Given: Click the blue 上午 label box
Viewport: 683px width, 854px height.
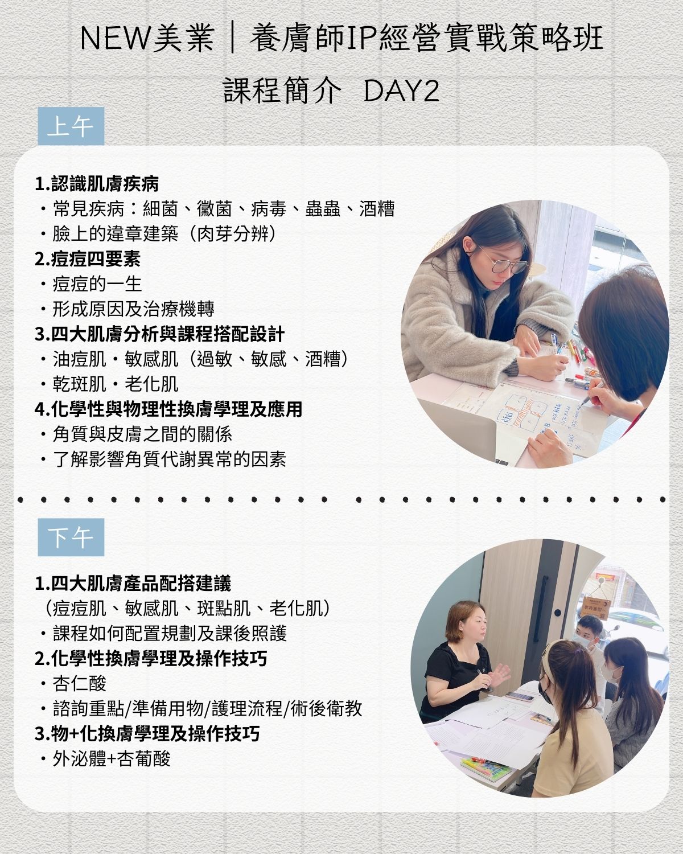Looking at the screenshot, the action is (71, 126).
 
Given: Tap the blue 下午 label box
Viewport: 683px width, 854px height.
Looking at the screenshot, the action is (71, 537).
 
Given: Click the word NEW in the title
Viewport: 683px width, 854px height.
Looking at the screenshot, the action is (115, 38).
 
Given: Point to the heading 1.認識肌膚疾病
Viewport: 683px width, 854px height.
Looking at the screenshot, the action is (97, 184).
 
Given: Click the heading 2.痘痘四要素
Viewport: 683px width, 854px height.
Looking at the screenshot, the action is (88, 259).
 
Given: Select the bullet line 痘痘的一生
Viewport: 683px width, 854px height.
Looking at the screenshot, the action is (92, 284).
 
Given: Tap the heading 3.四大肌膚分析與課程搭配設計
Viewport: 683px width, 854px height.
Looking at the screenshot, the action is (159, 334).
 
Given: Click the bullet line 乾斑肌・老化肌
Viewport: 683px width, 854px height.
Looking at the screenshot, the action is (109, 384).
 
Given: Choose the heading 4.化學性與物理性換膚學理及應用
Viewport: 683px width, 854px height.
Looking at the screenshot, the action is (168, 409).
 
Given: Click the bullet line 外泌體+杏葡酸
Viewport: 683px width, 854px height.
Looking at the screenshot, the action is (105, 759).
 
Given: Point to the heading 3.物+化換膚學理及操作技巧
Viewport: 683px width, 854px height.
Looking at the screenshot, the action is (147, 733).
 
